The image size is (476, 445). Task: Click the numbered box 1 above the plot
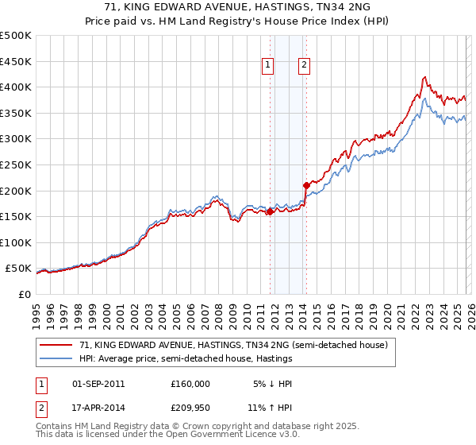click(x=268, y=66)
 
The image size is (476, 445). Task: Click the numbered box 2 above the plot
click(x=305, y=66)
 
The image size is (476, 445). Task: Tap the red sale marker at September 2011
click(x=270, y=211)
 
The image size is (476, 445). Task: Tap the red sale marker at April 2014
click(x=306, y=185)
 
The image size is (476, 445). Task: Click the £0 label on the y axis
click(x=25, y=295)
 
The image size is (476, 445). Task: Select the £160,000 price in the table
click(x=190, y=384)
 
